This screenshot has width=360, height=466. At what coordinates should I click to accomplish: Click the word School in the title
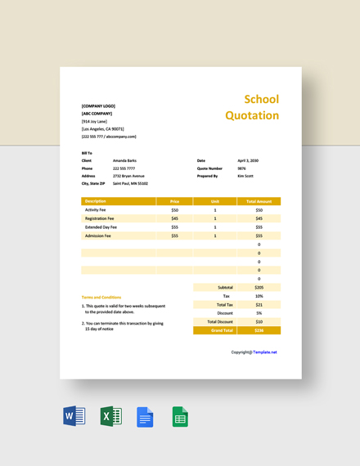coord(262,100)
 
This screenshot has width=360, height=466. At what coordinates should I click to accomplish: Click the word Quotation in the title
coord(252,115)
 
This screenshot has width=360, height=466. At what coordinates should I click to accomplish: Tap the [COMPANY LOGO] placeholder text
coord(98,106)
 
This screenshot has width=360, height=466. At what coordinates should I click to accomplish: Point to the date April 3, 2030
coord(248,160)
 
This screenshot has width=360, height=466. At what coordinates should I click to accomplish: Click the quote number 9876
coord(241,168)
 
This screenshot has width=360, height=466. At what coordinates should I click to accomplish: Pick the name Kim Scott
coord(245,176)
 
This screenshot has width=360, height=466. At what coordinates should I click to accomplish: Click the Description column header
coord(96,201)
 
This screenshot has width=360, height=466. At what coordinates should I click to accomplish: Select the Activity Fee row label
coord(97,210)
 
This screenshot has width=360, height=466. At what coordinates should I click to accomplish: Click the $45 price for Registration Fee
coord(174,218)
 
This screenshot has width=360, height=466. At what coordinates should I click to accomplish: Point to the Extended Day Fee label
coord(101,227)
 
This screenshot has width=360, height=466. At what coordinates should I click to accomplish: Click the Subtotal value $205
coord(259,287)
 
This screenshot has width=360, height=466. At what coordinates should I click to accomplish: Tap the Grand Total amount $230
coord(259,330)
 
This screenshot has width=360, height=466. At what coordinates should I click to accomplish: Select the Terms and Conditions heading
coord(101,297)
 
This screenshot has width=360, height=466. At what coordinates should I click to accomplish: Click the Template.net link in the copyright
coord(265,352)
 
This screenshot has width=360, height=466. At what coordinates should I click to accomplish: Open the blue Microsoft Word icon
coord(74,417)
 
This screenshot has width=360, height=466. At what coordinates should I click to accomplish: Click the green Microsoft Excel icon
coord(110,417)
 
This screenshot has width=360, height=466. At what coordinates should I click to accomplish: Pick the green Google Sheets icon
coord(179,417)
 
